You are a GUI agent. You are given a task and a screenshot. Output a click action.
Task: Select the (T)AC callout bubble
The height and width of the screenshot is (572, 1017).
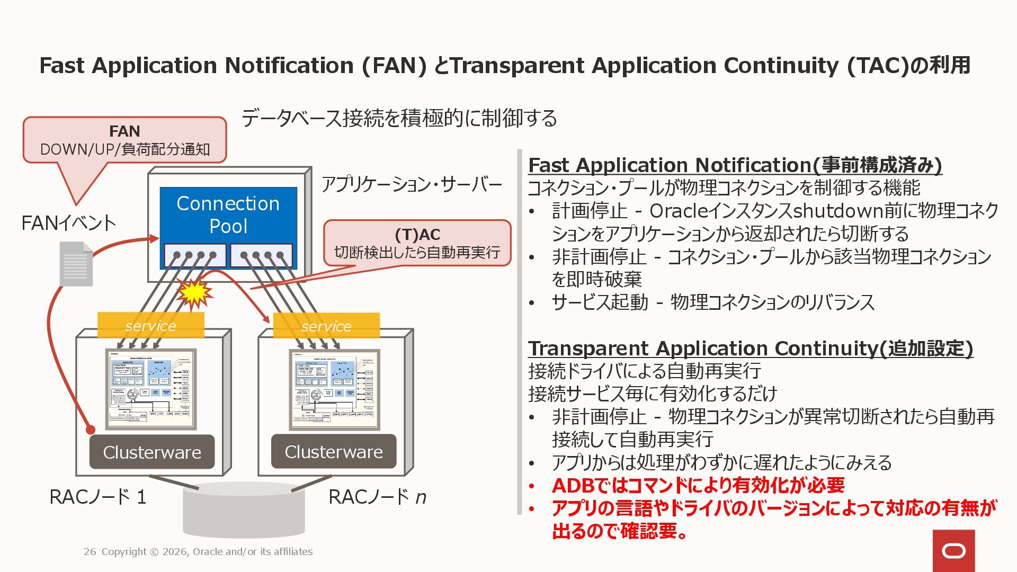click(x=417, y=243)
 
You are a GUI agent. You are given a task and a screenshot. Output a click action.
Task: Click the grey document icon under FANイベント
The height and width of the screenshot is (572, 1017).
click(x=76, y=264)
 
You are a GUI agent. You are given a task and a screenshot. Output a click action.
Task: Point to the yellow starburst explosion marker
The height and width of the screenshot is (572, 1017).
click(x=194, y=293)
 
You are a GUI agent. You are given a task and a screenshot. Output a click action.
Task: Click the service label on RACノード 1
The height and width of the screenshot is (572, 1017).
click(x=151, y=326)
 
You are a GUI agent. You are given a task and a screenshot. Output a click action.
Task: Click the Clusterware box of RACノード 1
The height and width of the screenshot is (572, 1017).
click(x=152, y=452)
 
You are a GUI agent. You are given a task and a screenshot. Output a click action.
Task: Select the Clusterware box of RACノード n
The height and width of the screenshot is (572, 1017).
click(x=334, y=451)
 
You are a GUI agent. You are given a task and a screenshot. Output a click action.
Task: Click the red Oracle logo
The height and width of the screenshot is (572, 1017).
click(x=953, y=551)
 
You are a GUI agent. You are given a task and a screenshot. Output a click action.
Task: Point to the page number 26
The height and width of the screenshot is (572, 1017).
click(x=90, y=552)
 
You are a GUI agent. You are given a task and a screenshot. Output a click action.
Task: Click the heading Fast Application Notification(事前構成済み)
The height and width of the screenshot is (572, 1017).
click(x=735, y=165)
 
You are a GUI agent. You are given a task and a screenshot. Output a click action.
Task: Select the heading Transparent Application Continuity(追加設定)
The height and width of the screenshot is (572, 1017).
click(x=750, y=348)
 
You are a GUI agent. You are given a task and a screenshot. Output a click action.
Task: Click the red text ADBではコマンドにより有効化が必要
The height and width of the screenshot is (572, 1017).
click(x=698, y=485)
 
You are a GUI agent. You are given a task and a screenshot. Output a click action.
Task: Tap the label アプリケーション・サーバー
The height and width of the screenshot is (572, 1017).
click(x=412, y=185)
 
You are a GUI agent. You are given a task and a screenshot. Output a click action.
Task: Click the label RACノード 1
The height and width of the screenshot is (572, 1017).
click(x=98, y=497)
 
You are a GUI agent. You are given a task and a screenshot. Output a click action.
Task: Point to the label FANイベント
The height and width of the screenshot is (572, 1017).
click(x=69, y=223)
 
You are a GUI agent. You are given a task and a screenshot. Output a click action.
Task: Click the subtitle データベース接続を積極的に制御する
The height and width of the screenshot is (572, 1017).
click(x=399, y=118)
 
